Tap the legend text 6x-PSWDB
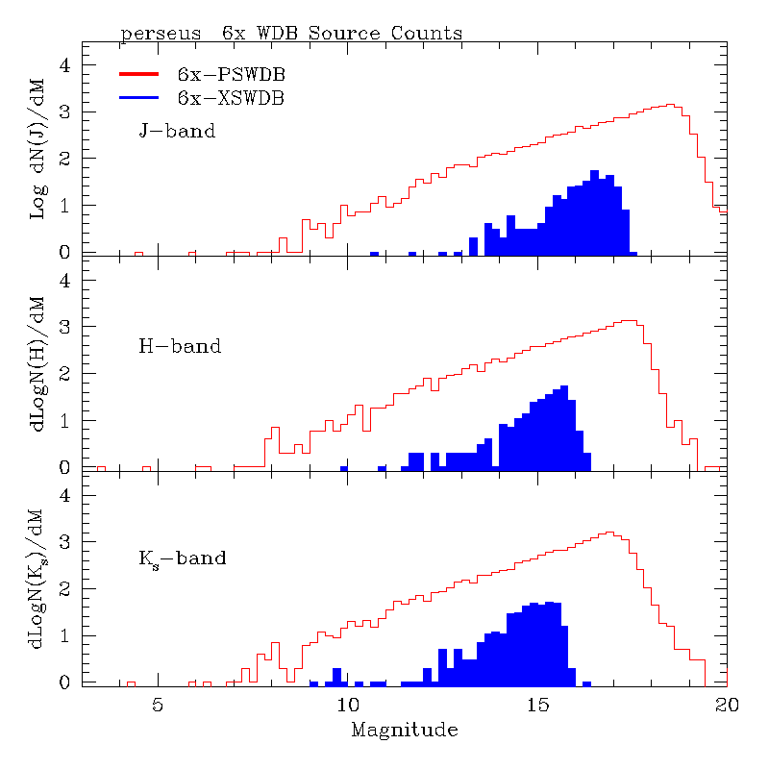(231, 74)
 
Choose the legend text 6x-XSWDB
(231, 97)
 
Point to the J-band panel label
(177, 131)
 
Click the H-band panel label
(180, 345)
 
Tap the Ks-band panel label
(183, 558)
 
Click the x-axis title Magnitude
(404, 730)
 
